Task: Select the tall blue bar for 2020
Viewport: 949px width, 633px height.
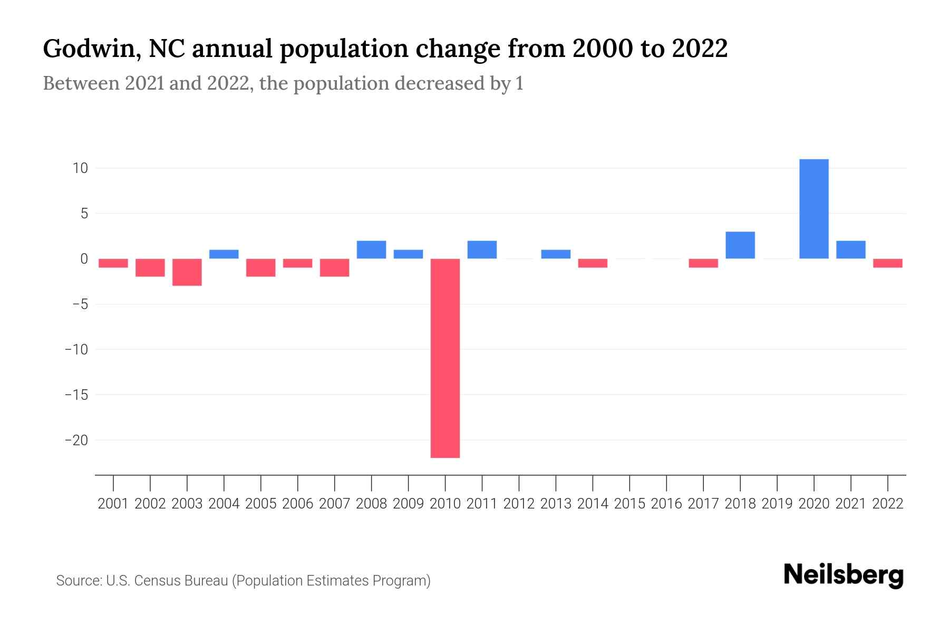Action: (814, 209)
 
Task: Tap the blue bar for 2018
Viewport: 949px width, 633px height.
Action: (740, 245)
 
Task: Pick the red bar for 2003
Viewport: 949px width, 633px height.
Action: (187, 272)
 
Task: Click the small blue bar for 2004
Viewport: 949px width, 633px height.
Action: (224, 254)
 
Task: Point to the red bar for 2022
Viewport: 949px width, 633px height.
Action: (888, 263)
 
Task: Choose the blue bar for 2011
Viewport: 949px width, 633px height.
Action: (482, 250)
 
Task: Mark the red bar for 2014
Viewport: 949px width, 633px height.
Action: (593, 263)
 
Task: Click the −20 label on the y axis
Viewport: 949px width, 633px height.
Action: (76, 440)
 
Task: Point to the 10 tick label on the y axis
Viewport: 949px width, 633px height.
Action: (80, 168)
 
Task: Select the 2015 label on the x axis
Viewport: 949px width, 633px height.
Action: (630, 504)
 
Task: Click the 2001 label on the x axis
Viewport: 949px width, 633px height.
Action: (113, 504)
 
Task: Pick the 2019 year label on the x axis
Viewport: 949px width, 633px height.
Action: (777, 504)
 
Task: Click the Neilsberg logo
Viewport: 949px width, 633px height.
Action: (844, 575)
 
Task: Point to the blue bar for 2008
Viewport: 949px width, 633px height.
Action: (372, 250)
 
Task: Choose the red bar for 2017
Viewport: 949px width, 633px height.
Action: (703, 263)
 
